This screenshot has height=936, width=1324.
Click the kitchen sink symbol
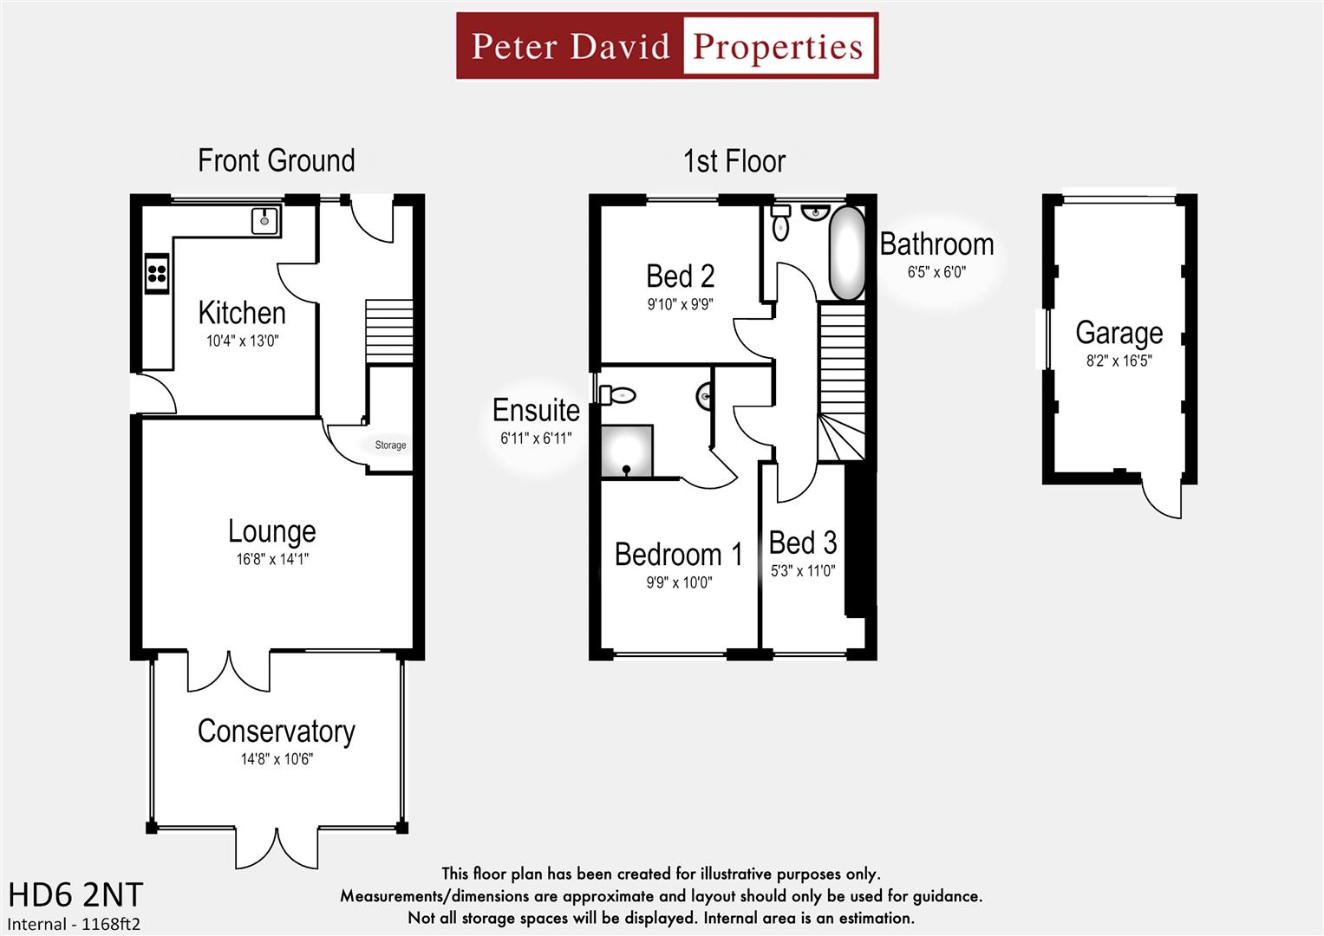(264, 221)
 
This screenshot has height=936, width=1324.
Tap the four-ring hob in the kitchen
(157, 274)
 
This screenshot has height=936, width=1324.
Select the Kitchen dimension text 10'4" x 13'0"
(242, 341)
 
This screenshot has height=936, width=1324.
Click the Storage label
(390, 445)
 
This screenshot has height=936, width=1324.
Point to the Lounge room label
(271, 531)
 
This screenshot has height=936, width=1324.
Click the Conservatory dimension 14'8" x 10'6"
(277, 760)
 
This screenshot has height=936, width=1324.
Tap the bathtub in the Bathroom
(847, 253)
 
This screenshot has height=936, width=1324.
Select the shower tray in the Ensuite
(627, 451)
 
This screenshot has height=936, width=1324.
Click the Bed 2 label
(680, 276)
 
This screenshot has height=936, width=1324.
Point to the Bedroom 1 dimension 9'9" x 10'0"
(678, 583)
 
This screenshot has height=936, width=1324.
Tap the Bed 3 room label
(802, 543)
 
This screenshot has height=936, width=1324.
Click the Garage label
(1119, 333)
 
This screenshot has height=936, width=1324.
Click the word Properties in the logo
(778, 47)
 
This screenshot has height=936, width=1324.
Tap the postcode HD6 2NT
(75, 894)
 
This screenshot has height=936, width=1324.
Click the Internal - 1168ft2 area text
(74, 924)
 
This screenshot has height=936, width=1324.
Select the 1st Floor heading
(734, 161)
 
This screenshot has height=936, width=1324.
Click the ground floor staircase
(388, 332)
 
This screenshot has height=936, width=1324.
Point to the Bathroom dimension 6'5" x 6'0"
(936, 272)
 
